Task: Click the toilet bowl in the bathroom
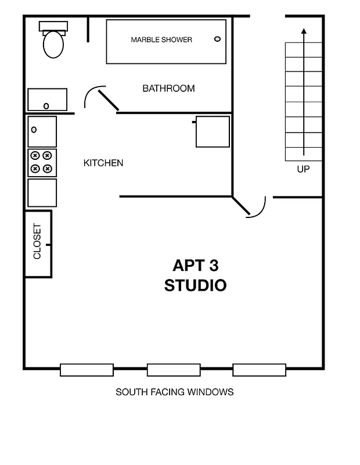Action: (x=53, y=45)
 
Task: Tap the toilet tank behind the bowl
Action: (x=53, y=26)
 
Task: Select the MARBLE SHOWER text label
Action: (x=161, y=40)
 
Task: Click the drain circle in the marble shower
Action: (x=218, y=39)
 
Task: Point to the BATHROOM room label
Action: (x=168, y=89)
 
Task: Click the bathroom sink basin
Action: (x=47, y=99)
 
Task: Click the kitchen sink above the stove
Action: (x=42, y=131)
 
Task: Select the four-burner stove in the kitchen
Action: (x=42, y=163)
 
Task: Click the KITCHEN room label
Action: (x=103, y=163)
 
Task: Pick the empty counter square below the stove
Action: (x=42, y=192)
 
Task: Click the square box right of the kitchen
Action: (x=213, y=132)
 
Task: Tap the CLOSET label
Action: (x=38, y=242)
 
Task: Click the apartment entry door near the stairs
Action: (x=250, y=206)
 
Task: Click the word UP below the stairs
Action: (x=303, y=170)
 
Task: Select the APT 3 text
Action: (x=196, y=266)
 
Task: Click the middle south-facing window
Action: (x=173, y=370)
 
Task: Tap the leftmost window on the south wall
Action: (x=87, y=370)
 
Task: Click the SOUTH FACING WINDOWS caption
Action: (x=174, y=392)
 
